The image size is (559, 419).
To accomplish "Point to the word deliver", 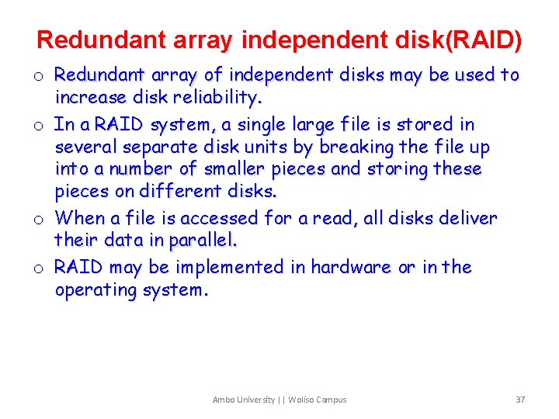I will point(467,218).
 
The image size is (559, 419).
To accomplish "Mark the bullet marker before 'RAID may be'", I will point(37,268).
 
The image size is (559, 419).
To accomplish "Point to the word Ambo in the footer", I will point(223,400).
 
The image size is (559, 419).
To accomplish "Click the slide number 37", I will point(520,400).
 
